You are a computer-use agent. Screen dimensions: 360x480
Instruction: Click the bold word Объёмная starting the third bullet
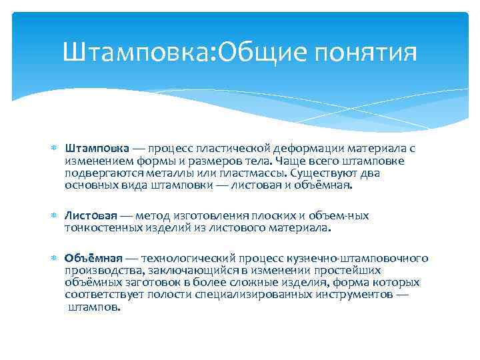pyautogui.click(x=93, y=259)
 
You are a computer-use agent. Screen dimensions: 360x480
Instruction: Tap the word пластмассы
pyautogui.click(x=251, y=173)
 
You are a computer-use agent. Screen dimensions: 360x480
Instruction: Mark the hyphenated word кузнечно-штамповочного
pyautogui.click(x=370, y=259)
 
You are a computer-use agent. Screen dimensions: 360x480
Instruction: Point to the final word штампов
pyautogui.click(x=95, y=307)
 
